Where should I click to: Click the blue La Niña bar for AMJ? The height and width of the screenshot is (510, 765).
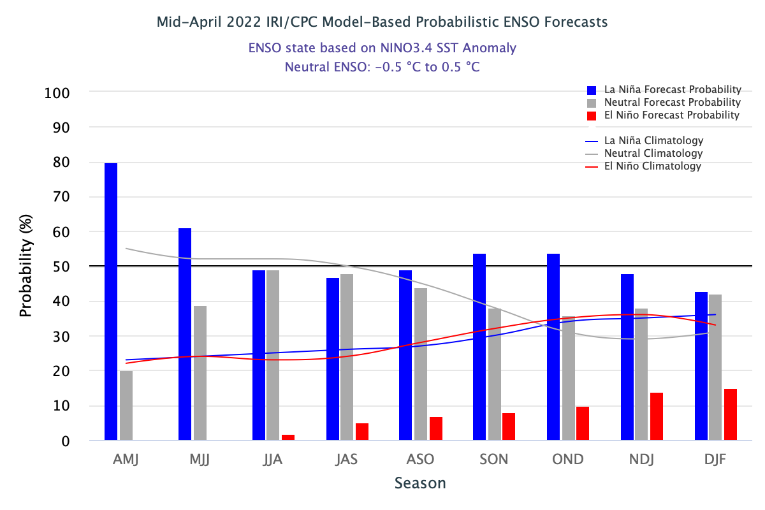click(x=111, y=302)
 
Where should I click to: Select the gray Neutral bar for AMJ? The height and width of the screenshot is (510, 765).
click(x=126, y=405)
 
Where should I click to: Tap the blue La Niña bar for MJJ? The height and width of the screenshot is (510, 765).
click(x=185, y=334)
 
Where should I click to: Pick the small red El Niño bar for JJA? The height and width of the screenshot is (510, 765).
click(x=288, y=437)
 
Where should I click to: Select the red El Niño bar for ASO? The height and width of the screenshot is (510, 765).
click(x=436, y=428)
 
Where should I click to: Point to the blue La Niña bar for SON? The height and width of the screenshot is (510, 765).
click(x=479, y=347)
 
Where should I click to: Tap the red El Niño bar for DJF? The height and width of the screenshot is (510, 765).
click(x=731, y=414)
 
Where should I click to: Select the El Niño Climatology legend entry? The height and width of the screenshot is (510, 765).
click(x=652, y=166)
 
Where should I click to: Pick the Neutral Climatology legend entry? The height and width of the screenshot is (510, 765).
click(x=653, y=154)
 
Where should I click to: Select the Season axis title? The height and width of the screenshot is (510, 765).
click(x=420, y=483)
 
